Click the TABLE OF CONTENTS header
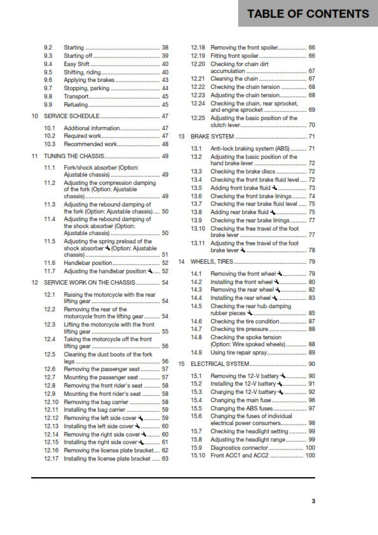pyautogui.click(x=308, y=14)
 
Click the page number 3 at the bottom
pyautogui.click(x=313, y=501)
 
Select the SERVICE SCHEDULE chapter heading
pyautogui.click(x=70, y=116)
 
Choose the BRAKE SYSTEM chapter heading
pyautogui.click(x=213, y=137)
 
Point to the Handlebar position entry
pyautogui.click(x=86, y=262)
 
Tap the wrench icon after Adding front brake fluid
pyautogui.click(x=274, y=188)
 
